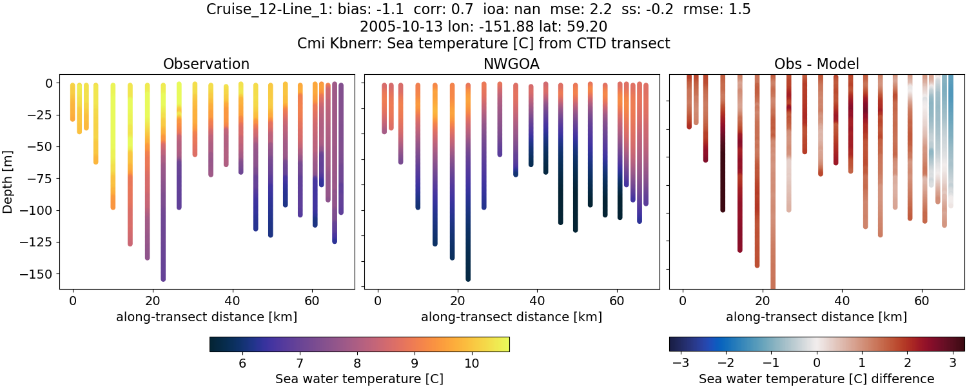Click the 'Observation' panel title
(206, 64)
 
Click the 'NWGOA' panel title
(512, 64)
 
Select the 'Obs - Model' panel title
(816, 64)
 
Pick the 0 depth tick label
(49, 83)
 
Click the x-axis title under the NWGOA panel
(512, 317)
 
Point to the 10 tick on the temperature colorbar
(471, 363)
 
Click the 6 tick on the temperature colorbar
(242, 363)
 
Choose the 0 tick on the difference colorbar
(817, 363)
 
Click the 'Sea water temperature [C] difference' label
(817, 379)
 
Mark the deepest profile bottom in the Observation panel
(163, 279)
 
